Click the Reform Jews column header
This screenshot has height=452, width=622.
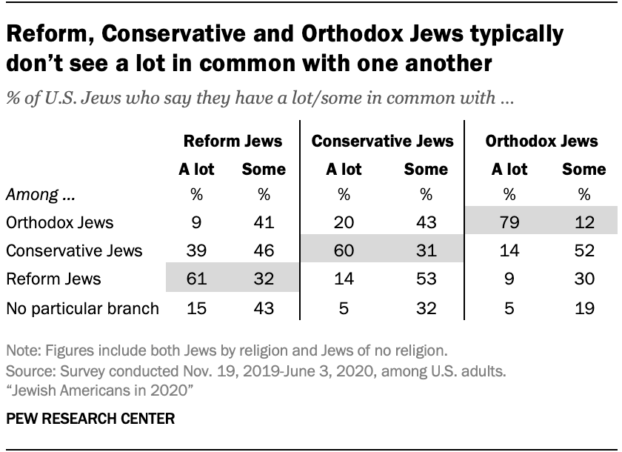click(233, 141)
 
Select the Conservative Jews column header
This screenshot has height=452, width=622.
click(382, 141)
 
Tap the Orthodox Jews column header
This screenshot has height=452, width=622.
click(541, 141)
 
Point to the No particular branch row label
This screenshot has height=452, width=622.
click(82, 308)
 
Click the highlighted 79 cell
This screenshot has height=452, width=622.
click(509, 222)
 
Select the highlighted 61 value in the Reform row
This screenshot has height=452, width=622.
click(196, 280)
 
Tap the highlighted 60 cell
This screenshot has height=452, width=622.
click(344, 251)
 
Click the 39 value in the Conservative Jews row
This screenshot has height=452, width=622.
click(196, 251)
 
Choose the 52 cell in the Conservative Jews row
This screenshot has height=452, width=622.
click(583, 251)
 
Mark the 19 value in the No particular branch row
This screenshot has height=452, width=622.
click(583, 308)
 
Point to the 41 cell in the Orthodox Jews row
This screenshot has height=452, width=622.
click(263, 222)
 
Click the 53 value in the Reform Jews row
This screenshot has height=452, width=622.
click(426, 280)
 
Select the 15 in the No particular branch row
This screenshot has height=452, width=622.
click(196, 308)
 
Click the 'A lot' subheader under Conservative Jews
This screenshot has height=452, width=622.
click(344, 169)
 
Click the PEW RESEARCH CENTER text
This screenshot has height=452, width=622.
click(90, 419)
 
